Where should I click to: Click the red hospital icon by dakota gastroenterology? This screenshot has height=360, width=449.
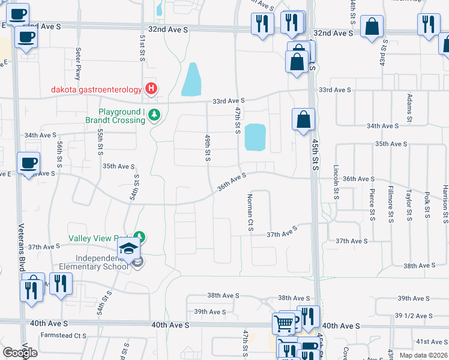pos(151,90)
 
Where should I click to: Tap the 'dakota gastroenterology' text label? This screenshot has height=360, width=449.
pos(96,91)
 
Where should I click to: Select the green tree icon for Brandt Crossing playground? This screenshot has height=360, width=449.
pos(154,114)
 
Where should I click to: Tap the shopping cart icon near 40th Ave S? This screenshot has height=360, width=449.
pos(283,324)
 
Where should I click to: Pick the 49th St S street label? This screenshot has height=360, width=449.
pos(207,148)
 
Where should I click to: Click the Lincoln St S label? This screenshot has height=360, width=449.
pos(337,182)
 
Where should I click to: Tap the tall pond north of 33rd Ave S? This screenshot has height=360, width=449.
pos(191,80)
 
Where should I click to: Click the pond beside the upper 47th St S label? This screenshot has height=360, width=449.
pos(255,137)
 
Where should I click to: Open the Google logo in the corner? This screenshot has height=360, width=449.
pos(20,353)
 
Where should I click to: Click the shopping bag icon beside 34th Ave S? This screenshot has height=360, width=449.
pos(304,119)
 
